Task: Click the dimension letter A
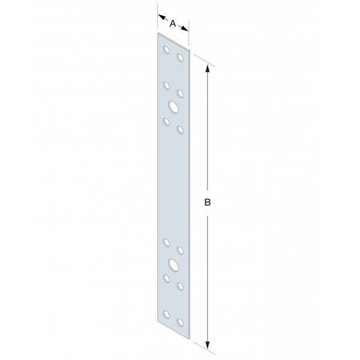pos(173,23)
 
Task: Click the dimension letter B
pos(208,203)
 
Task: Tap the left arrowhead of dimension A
pos(162,17)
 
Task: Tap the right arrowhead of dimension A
pos(184,28)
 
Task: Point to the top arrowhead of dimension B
pos(208,68)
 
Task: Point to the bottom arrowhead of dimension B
pos(208,344)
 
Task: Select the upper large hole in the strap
pos(173,107)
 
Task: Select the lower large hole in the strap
pos(173,265)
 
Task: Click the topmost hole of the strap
pos(166,50)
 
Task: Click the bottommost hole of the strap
pos(180,322)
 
